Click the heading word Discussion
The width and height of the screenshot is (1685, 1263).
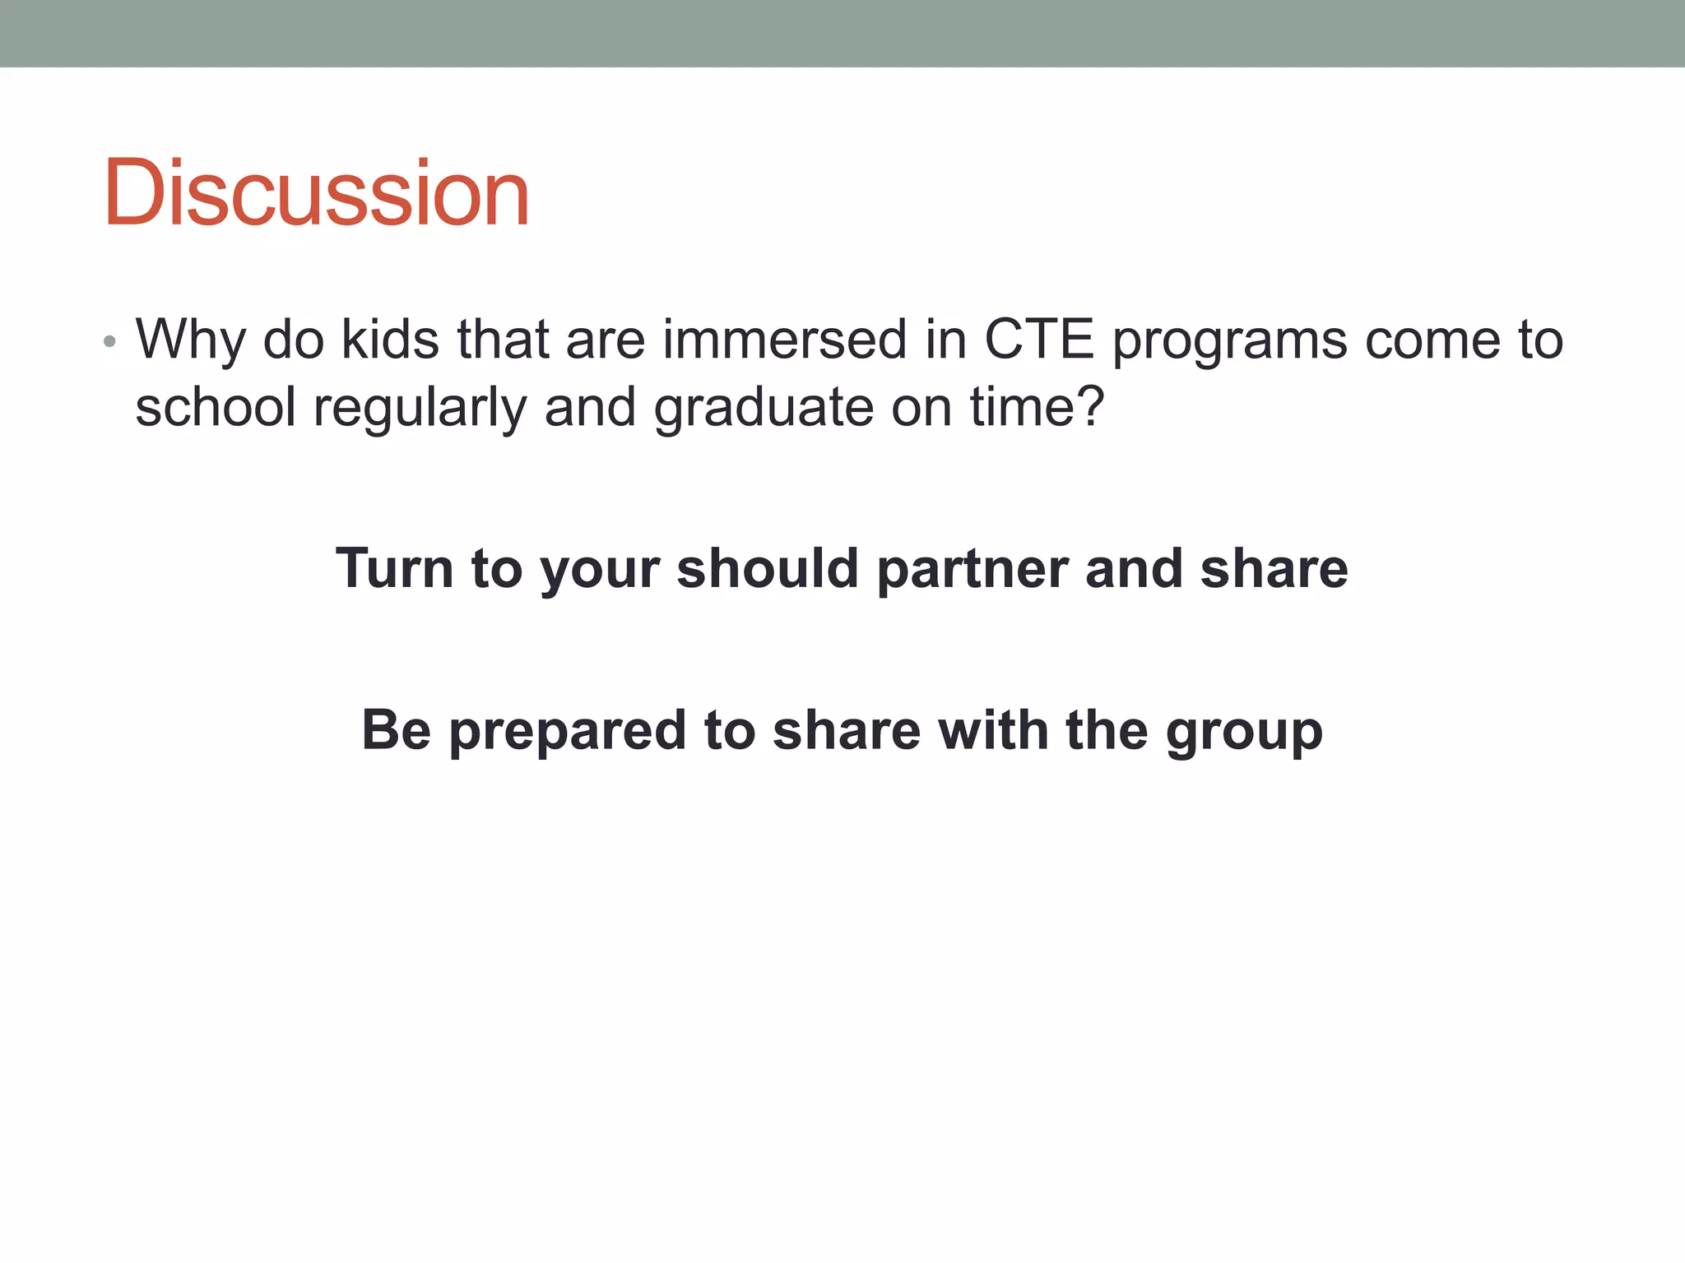[316, 193]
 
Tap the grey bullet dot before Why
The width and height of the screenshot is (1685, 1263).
[109, 341]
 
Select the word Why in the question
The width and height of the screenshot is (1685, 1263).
[190, 340]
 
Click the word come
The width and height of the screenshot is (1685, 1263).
[1432, 340]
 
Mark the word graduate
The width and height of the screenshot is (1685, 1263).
[764, 409]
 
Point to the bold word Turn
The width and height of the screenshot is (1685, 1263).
[394, 568]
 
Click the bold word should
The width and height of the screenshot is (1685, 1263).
[768, 568]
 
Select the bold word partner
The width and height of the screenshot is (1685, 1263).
[971, 570]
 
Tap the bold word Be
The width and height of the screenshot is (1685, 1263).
[396, 729]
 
